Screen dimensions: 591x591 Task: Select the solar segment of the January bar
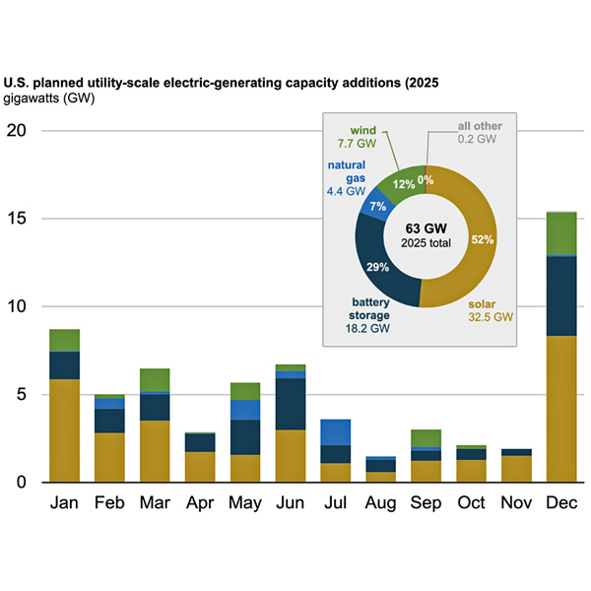pyautogui.click(x=64, y=430)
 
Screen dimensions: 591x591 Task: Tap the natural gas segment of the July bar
pyautogui.click(x=336, y=431)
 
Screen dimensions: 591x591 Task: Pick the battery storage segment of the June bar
pyautogui.click(x=289, y=404)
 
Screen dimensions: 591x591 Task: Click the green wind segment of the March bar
pyautogui.click(x=155, y=379)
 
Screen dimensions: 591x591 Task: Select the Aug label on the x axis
pyautogui.click(x=380, y=503)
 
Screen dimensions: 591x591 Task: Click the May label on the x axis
pyautogui.click(x=245, y=503)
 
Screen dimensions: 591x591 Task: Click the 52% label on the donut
pyautogui.click(x=483, y=239)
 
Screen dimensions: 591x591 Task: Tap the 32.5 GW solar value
pyautogui.click(x=490, y=317)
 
